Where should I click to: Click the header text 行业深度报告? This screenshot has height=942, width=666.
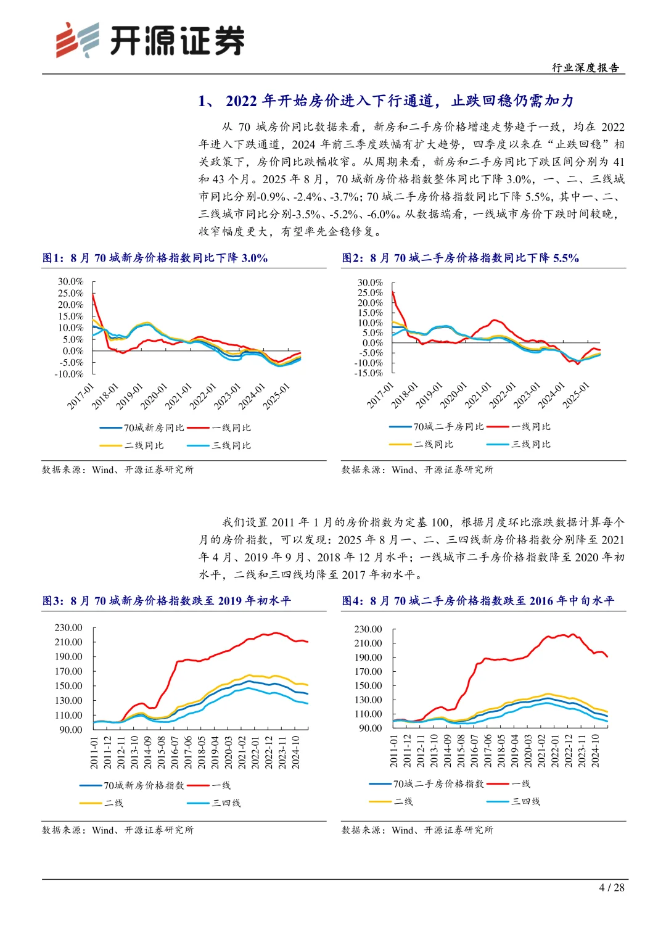[x=585, y=68]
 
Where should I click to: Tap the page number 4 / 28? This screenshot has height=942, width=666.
[x=611, y=887]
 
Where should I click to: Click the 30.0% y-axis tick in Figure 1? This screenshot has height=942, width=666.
[x=70, y=281]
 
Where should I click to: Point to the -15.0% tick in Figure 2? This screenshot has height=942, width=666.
[x=369, y=373]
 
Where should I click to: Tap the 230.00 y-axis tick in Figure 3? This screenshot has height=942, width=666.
[x=68, y=627]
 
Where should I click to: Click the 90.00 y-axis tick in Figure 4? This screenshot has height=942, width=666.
[x=370, y=728]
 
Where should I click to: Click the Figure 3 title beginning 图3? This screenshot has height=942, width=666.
[x=166, y=601]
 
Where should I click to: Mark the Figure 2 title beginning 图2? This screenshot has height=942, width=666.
[x=460, y=258]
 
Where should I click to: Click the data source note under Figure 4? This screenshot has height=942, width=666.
[x=417, y=830]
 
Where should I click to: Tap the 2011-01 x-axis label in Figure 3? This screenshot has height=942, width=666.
[x=94, y=752]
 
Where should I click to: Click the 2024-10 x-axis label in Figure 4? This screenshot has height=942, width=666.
[x=596, y=751]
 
